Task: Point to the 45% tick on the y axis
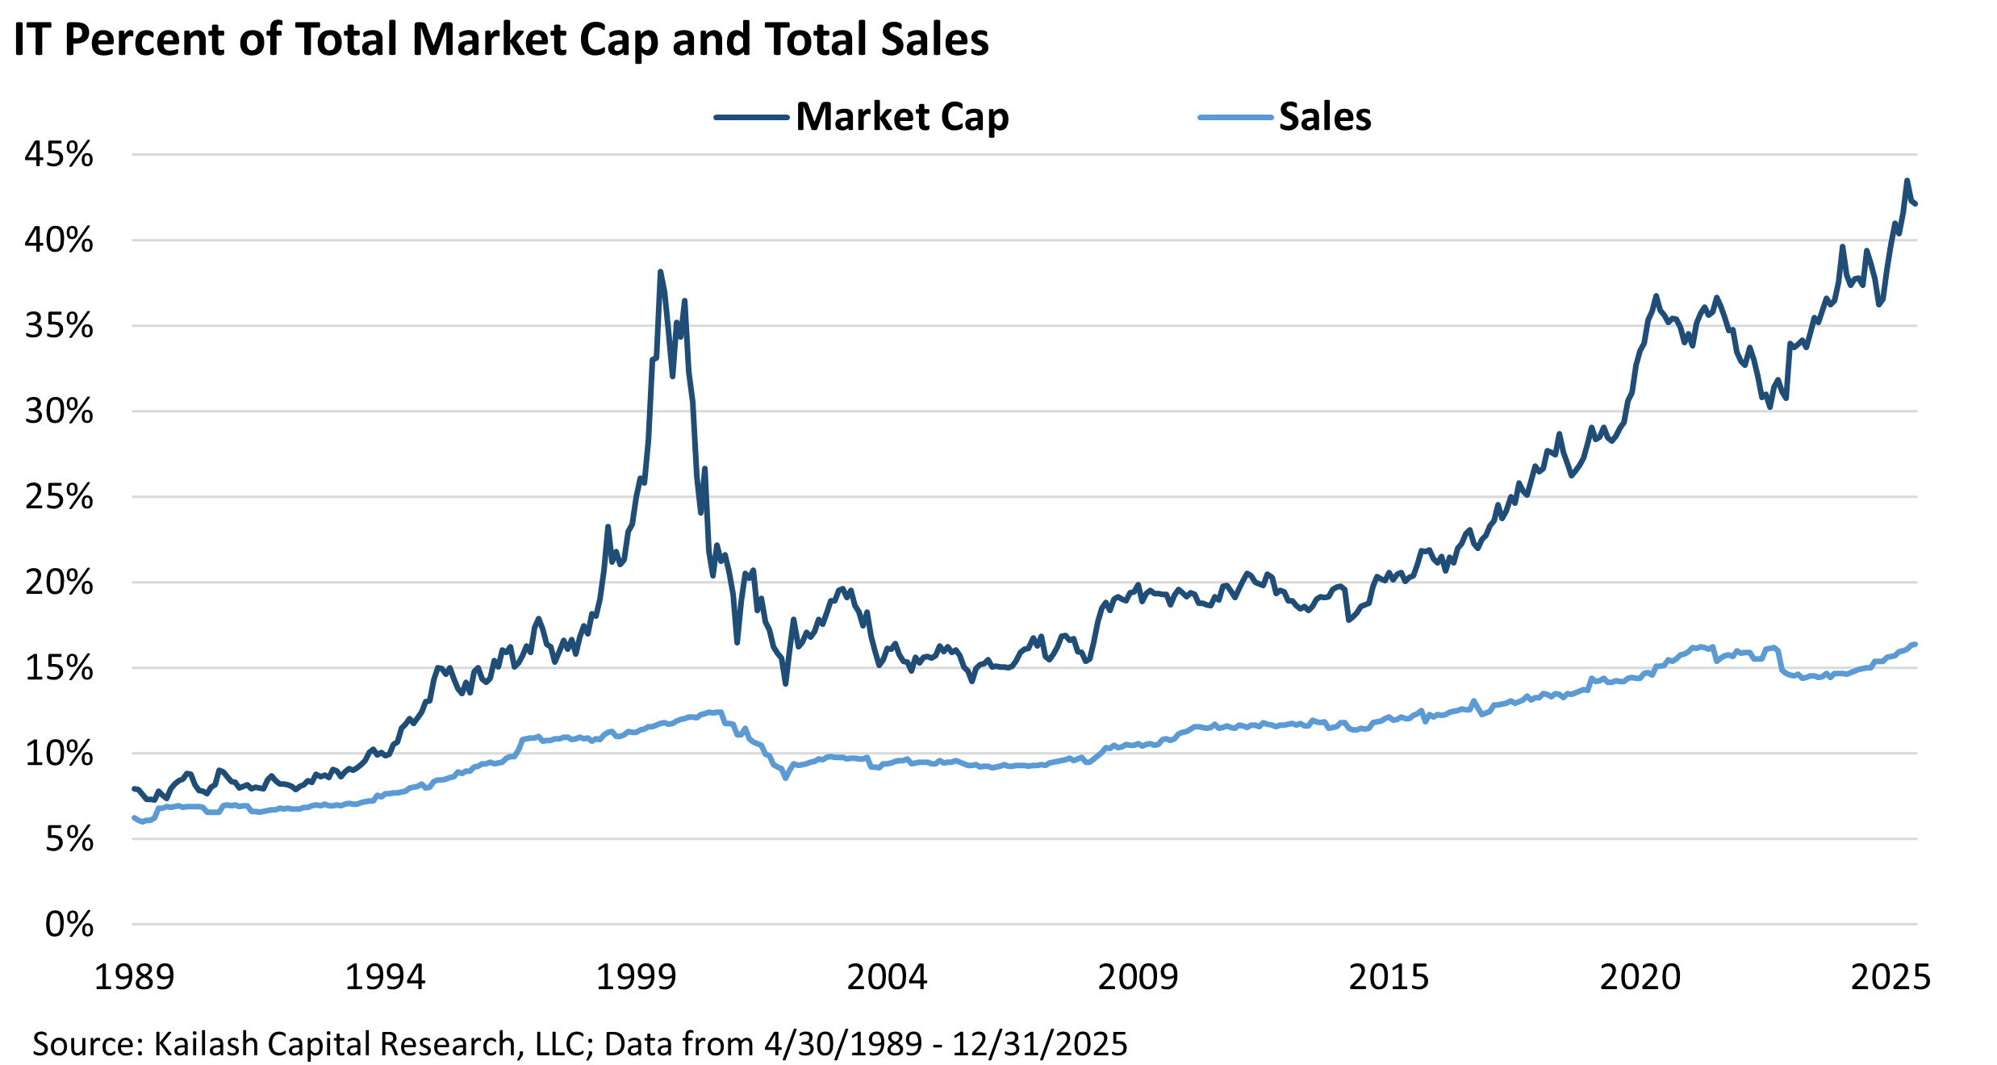pyautogui.click(x=59, y=154)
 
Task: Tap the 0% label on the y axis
pyautogui.click(x=69, y=925)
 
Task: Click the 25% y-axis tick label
pyautogui.click(x=59, y=497)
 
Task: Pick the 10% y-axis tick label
pyautogui.click(x=59, y=754)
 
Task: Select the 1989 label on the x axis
pyautogui.click(x=134, y=977)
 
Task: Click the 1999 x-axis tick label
pyautogui.click(x=636, y=977)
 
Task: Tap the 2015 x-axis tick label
pyautogui.click(x=1389, y=977)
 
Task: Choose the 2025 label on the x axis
pyautogui.click(x=1890, y=977)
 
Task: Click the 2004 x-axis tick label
pyautogui.click(x=887, y=977)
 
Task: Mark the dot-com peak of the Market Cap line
pyautogui.click(x=660, y=272)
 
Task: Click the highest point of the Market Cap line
pyautogui.click(x=1907, y=181)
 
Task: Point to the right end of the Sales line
pyautogui.click(x=1916, y=644)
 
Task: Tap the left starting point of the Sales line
pyautogui.click(x=133, y=817)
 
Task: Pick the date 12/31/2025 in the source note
pyautogui.click(x=1040, y=1044)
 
